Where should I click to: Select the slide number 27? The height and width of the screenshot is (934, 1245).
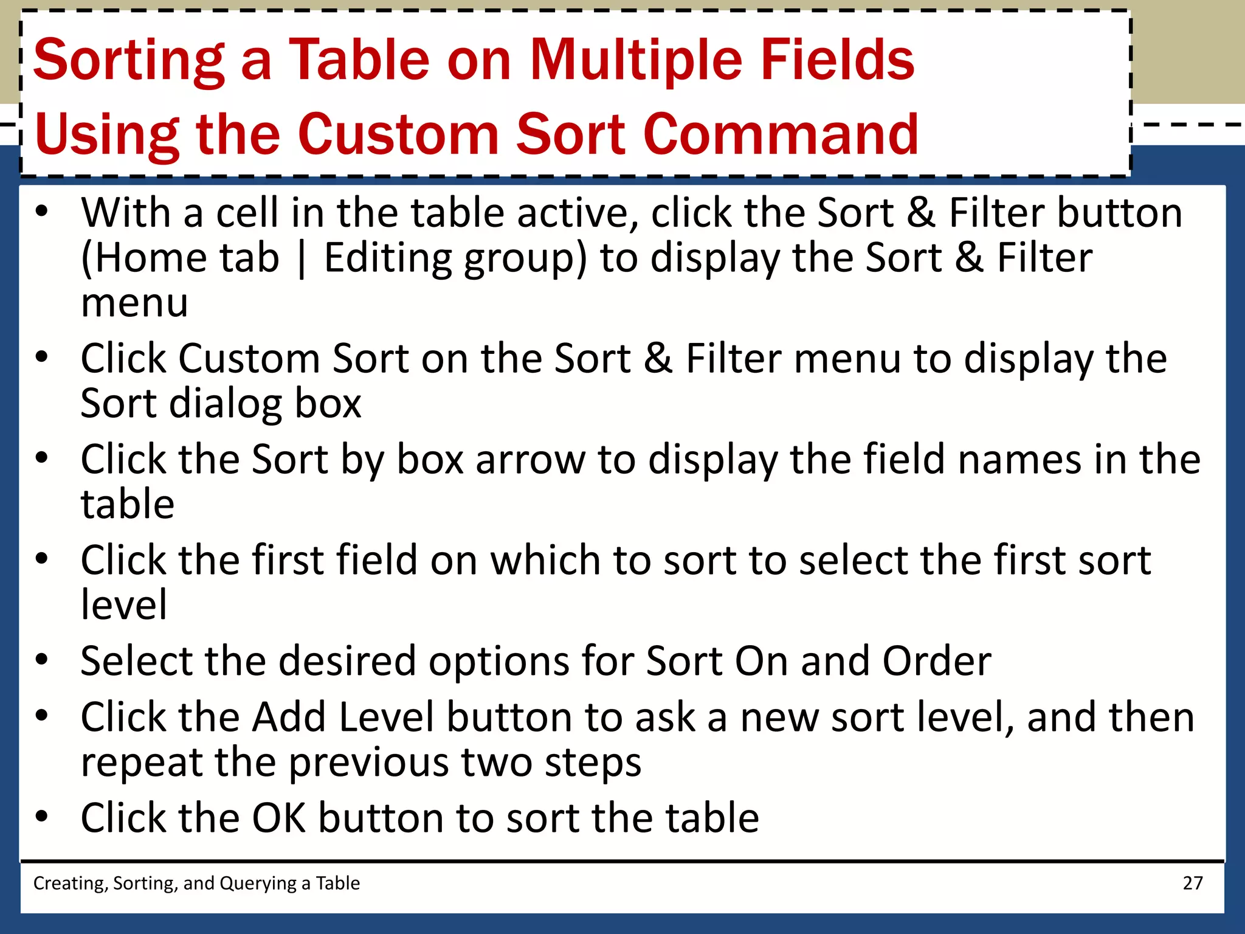(1192, 883)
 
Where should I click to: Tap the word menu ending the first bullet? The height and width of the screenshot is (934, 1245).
(134, 303)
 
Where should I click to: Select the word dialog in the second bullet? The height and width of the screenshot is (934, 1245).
(225, 404)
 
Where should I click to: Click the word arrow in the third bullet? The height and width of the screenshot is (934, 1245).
(530, 460)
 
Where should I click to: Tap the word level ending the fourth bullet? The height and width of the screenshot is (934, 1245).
(124, 605)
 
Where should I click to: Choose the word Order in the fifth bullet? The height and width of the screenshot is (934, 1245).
(937, 661)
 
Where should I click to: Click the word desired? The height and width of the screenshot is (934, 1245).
(347, 661)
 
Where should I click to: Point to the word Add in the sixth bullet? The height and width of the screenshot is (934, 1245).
(289, 718)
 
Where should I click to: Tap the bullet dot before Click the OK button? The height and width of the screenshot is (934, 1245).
(41, 816)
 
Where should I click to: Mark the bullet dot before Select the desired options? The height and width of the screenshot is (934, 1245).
(41, 659)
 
